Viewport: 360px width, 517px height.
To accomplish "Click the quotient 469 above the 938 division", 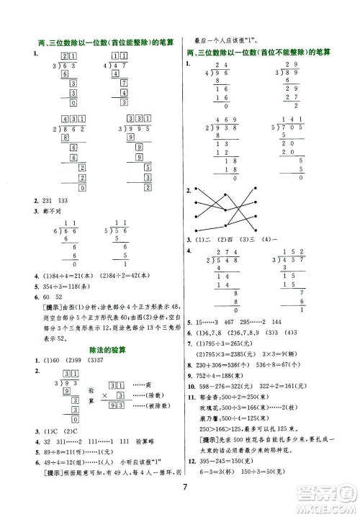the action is [219, 119].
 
